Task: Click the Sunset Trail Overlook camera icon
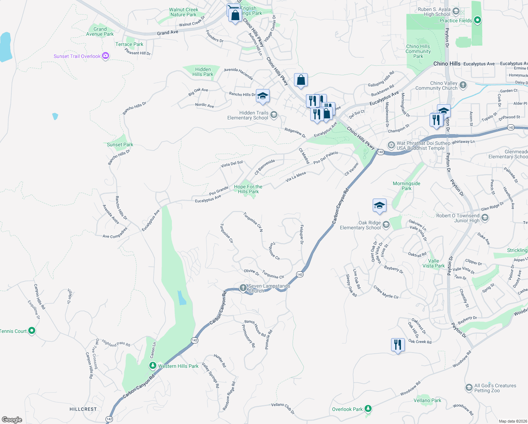click(x=105, y=56)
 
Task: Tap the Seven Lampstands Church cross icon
click(x=243, y=288)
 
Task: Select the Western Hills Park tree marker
click(x=152, y=366)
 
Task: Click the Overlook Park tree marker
click(x=368, y=409)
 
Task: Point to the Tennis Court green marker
click(x=32, y=331)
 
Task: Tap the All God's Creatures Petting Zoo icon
click(x=469, y=388)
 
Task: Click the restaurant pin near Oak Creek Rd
click(x=398, y=344)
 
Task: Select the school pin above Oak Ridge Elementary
click(x=379, y=205)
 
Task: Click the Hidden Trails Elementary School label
click(x=248, y=115)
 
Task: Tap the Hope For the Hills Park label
click(x=248, y=189)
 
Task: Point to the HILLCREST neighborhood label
click(x=83, y=409)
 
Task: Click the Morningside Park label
click(x=407, y=186)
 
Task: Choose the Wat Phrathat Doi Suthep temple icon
click(x=391, y=145)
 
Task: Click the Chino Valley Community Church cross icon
click(x=463, y=85)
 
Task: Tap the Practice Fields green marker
click(x=477, y=20)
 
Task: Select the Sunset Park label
click(x=120, y=145)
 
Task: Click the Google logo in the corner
click(x=12, y=419)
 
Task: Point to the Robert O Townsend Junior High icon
click(x=485, y=218)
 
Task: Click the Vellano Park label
click(x=427, y=400)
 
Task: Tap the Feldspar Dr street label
click(x=301, y=235)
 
